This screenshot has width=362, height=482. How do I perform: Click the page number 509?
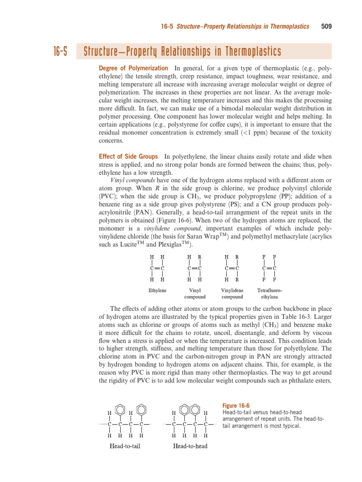pos(326,26)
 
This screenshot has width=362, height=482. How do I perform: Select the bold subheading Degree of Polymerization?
pos(133,68)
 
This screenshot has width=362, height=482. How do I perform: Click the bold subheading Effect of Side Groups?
pos(128,156)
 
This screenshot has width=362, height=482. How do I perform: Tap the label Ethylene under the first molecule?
pos(157,290)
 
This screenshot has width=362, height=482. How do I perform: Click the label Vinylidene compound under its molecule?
pos(232,294)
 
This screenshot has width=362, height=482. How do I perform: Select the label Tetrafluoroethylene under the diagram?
pos(269,294)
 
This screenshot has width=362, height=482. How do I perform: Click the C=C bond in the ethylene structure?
pos(157,268)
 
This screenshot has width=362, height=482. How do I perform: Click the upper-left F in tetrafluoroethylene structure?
pos(264,257)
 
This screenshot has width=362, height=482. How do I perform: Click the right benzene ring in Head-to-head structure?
pos(195,405)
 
